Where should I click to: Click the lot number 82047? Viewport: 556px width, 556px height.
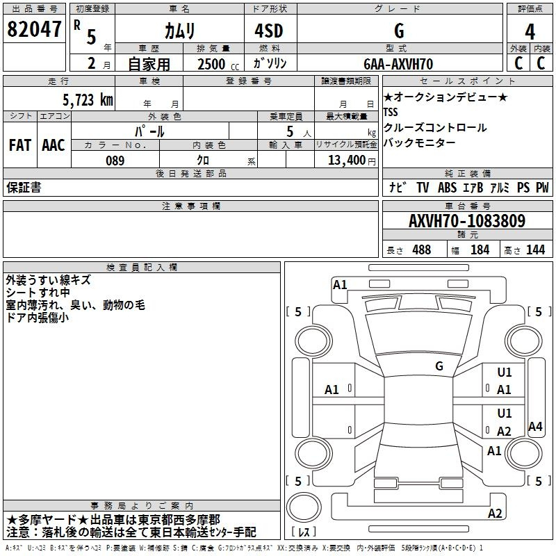pyautogui.click(x=33, y=30)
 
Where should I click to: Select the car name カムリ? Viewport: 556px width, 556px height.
pyautogui.click(x=179, y=31)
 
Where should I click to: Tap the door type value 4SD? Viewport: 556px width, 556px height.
pyautogui.click(x=270, y=31)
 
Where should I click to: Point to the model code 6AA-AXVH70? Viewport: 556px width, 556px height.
pyautogui.click(x=398, y=64)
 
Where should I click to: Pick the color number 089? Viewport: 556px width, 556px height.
pyautogui.click(x=115, y=161)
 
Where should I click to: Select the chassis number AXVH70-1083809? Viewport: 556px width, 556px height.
pyautogui.click(x=466, y=221)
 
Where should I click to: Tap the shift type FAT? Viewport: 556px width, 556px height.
pyautogui.click(x=19, y=145)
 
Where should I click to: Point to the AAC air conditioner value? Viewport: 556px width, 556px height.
pyautogui.click(x=54, y=145)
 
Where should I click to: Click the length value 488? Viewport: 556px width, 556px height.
pyautogui.click(x=421, y=250)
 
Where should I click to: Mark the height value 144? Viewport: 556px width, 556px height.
pyautogui.click(x=535, y=250)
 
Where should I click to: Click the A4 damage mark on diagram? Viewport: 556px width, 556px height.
pyautogui.click(x=535, y=427)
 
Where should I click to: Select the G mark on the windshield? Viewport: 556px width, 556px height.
pyautogui.click(x=439, y=366)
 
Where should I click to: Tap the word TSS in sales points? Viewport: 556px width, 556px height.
pyautogui.click(x=392, y=112)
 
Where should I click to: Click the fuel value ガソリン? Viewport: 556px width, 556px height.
pyautogui.click(x=270, y=64)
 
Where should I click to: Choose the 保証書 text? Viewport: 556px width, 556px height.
pyautogui.click(x=24, y=188)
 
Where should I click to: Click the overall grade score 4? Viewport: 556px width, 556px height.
pyautogui.click(x=530, y=31)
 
